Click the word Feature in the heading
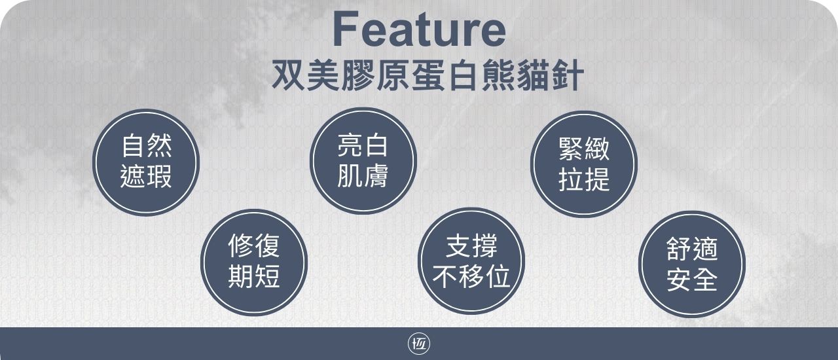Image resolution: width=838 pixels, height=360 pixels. [420, 29]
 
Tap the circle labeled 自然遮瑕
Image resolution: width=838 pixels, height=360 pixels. [146, 162]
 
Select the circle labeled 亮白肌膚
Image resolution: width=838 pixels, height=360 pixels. [363, 161]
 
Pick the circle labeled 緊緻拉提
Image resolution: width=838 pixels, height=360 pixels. [584, 164]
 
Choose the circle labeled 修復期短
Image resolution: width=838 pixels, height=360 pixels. [254, 262]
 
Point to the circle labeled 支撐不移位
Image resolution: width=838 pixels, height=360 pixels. [471, 261]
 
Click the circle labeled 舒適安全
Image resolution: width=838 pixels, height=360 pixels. [692, 264]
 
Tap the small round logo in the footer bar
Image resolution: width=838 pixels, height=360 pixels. [419, 344]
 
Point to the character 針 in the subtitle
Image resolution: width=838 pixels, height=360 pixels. [568, 75]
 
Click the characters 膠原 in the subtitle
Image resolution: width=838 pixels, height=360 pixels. [375, 75]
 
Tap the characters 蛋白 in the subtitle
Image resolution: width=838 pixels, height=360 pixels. [445, 75]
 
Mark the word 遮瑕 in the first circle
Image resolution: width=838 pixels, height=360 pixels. [146, 176]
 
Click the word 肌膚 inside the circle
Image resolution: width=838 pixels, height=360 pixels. [363, 175]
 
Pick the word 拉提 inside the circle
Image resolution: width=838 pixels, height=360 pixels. [584, 179]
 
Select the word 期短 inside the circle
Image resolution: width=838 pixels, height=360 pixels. [254, 277]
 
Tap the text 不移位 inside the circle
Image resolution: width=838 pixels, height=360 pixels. [471, 276]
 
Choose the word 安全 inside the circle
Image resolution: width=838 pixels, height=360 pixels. [692, 279]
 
